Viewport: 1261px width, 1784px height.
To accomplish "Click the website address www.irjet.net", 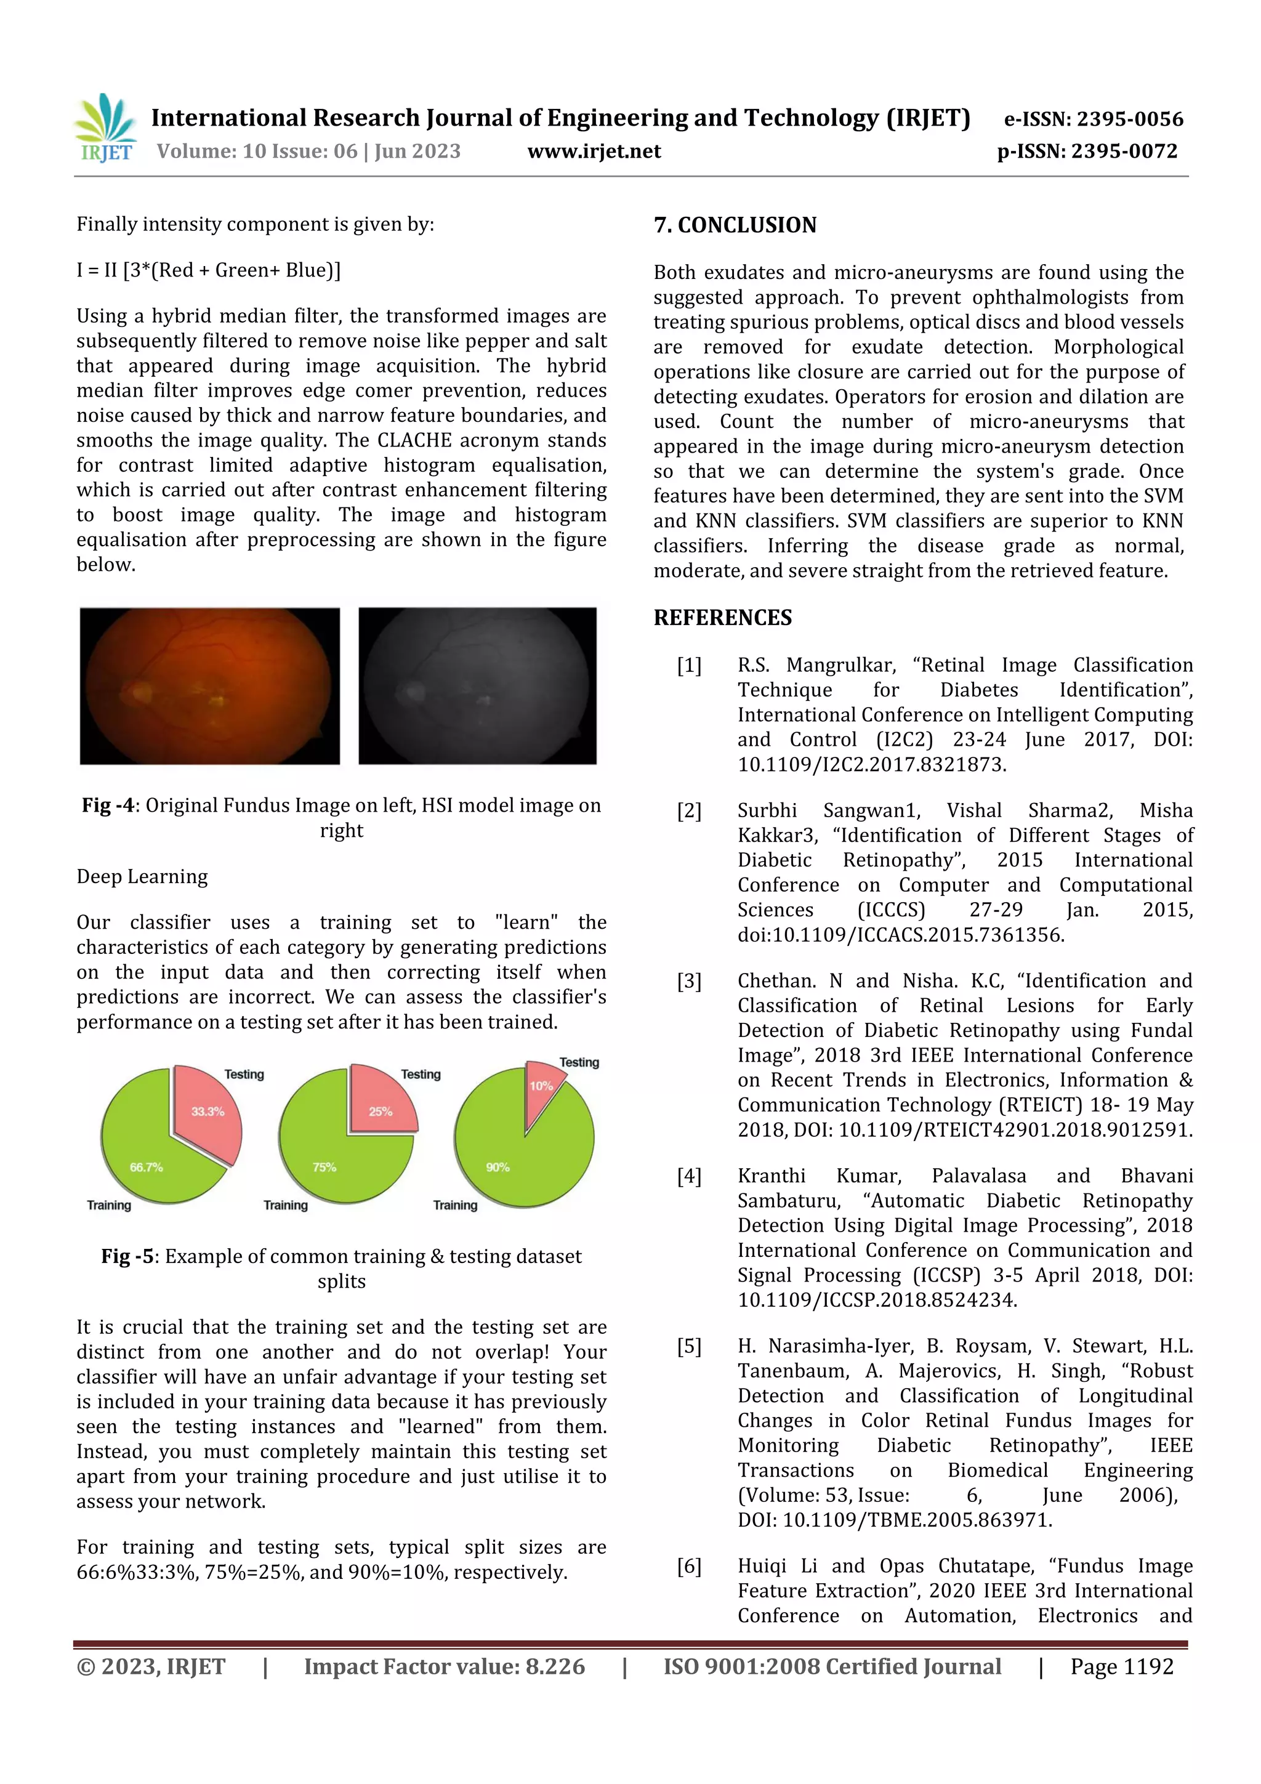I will [x=594, y=151].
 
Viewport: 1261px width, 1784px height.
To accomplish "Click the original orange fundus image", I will [x=210, y=685].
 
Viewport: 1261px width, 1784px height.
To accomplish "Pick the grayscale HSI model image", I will [x=477, y=685].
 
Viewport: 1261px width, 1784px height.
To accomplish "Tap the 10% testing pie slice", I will [x=539, y=1087].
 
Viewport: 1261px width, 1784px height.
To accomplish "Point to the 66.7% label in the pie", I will [x=146, y=1167].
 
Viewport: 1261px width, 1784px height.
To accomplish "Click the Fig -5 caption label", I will [x=128, y=1256].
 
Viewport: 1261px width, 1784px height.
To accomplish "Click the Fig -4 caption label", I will [x=109, y=805].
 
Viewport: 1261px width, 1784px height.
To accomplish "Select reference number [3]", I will [x=688, y=982].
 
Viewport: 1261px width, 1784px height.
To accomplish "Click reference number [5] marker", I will [x=688, y=1347].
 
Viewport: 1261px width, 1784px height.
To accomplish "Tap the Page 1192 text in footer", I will [x=1121, y=1666].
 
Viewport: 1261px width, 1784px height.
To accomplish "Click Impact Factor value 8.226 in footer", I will [x=444, y=1666].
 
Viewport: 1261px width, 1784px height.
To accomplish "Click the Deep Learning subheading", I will [x=142, y=876].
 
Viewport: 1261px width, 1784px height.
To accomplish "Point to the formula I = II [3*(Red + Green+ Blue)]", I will [x=208, y=270].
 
